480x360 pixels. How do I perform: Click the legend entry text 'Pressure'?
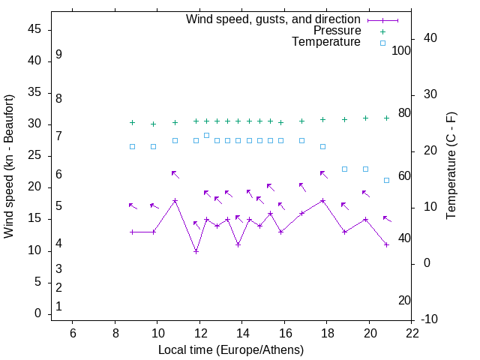click(x=337, y=31)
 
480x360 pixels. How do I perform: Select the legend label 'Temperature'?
click(x=326, y=42)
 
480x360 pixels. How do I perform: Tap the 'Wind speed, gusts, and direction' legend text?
click(x=273, y=19)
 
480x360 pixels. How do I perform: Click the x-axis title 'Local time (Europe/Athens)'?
click(x=231, y=350)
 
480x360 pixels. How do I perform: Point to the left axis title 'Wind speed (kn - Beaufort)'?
click(x=9, y=166)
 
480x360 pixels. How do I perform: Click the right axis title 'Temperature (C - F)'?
click(x=451, y=166)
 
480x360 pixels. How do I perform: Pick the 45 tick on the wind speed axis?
click(x=34, y=29)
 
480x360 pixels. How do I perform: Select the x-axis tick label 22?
click(x=412, y=332)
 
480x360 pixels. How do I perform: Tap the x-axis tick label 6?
click(x=73, y=332)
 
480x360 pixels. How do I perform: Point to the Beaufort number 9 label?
click(x=58, y=55)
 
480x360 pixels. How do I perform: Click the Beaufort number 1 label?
click(x=58, y=307)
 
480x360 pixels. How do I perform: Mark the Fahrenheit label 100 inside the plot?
click(x=401, y=51)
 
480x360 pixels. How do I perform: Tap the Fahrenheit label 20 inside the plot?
click(x=404, y=300)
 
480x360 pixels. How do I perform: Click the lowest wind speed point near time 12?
click(x=196, y=251)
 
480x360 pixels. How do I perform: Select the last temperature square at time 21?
click(x=386, y=180)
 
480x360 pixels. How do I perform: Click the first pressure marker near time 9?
click(x=132, y=122)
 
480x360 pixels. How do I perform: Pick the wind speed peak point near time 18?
click(x=322, y=201)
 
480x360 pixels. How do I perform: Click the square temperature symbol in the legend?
click(x=382, y=43)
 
